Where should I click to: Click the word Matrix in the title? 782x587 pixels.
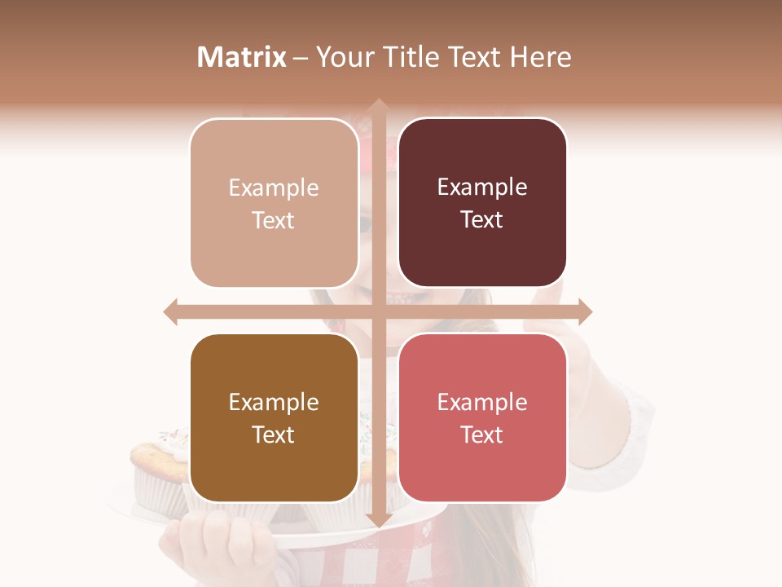click(242, 57)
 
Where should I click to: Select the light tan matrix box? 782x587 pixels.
click(274, 203)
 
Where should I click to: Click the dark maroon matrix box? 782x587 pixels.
click(482, 203)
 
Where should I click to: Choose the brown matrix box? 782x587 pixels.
click(274, 417)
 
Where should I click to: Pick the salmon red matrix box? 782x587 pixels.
click(482, 417)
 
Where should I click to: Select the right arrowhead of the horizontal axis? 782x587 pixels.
click(585, 311)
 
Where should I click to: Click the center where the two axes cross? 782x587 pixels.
click(378, 311)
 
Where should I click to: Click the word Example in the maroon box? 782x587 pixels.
click(482, 188)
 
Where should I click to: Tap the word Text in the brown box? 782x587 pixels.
click(274, 435)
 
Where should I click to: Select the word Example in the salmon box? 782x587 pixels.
click(482, 402)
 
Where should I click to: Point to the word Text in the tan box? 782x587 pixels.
click(274, 220)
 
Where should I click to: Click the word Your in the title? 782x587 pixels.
click(345, 57)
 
